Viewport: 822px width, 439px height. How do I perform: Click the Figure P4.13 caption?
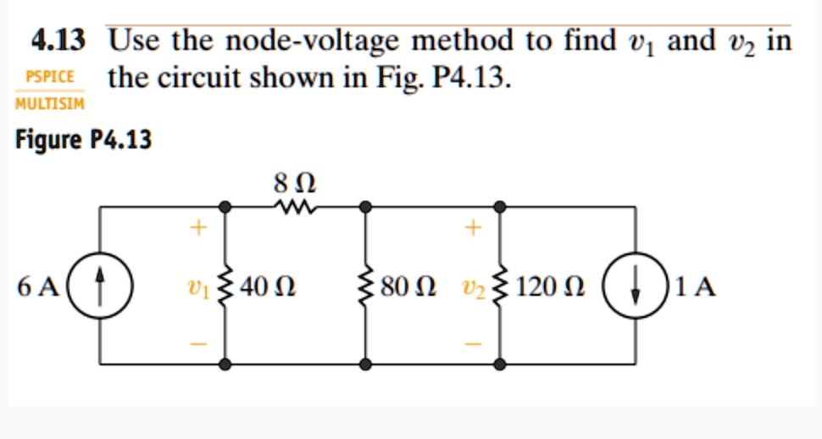(84, 140)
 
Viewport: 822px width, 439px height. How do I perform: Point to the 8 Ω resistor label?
(295, 181)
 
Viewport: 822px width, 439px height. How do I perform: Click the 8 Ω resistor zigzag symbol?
(295, 205)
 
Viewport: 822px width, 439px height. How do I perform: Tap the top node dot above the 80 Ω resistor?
(365, 205)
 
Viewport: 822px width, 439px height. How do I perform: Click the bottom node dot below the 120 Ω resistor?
(501, 364)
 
